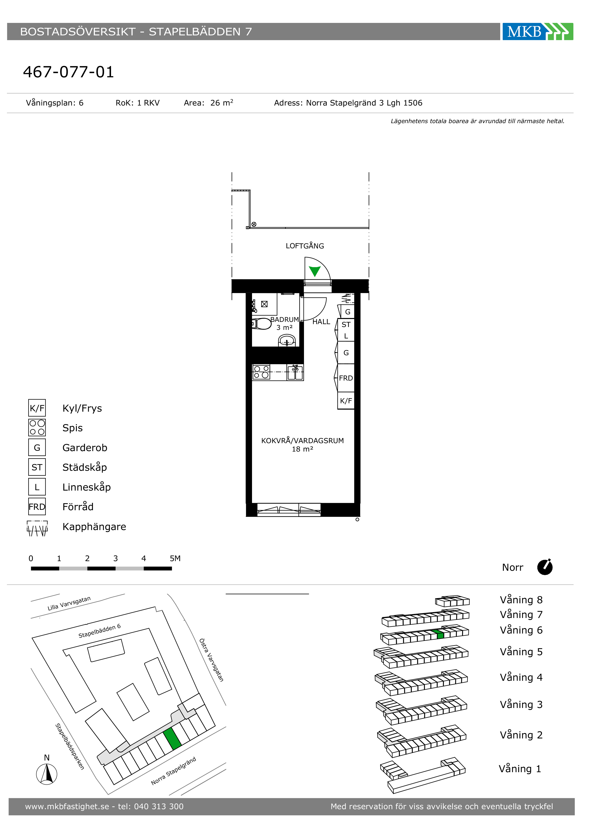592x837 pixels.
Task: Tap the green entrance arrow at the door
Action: tap(314, 271)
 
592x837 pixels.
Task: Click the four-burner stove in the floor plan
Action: tap(261, 372)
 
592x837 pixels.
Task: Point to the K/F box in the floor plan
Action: tap(346, 401)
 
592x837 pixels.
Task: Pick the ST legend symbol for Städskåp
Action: tap(37, 467)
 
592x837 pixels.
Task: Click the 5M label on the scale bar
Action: tap(175, 558)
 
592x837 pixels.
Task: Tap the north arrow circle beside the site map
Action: tap(47, 774)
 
